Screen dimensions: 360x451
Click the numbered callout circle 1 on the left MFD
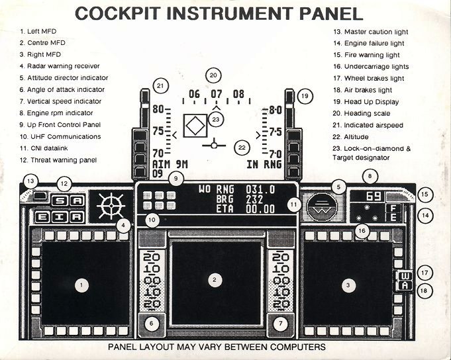[x=81, y=285]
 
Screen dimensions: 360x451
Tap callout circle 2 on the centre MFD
[x=214, y=280]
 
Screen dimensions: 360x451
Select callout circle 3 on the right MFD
[x=347, y=285]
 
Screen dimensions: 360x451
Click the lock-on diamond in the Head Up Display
[x=195, y=126]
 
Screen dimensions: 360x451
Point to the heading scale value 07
[x=217, y=95]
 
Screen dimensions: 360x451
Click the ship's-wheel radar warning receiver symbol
[x=109, y=206]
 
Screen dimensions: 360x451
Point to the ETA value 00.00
[x=260, y=209]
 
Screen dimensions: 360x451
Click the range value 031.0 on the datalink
[x=260, y=189]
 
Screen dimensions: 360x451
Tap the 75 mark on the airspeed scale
[x=158, y=131]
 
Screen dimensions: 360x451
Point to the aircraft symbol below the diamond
[x=215, y=142]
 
